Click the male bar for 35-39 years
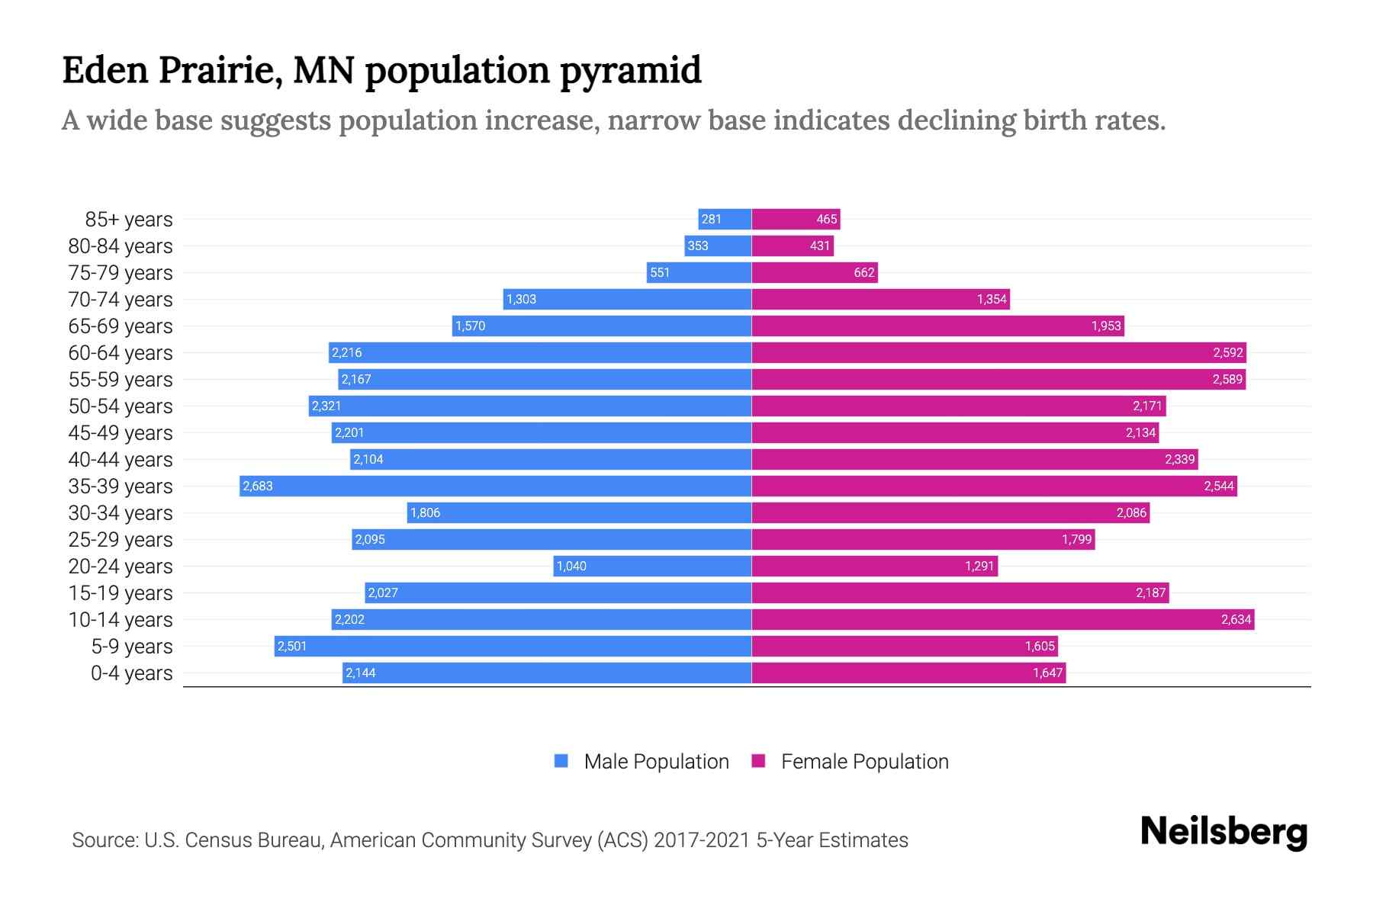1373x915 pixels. coord(496,486)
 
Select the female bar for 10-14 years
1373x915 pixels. coord(1002,619)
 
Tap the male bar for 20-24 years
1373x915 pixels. coord(653,566)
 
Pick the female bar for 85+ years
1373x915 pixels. coord(796,219)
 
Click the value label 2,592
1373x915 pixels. coord(1227,352)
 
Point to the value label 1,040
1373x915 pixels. coord(571,566)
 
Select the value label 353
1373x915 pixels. coord(697,246)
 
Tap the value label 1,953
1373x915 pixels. coord(1105,326)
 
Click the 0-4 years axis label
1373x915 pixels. coord(131,673)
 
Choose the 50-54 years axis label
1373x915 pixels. coord(121,406)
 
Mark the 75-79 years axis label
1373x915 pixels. coord(121,273)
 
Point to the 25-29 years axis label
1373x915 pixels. coord(121,540)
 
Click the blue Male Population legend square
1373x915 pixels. coord(561,761)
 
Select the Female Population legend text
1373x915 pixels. coord(864,761)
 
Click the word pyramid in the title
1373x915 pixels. coord(630,71)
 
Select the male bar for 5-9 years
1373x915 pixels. coord(513,646)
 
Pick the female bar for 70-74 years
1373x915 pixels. coord(880,299)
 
